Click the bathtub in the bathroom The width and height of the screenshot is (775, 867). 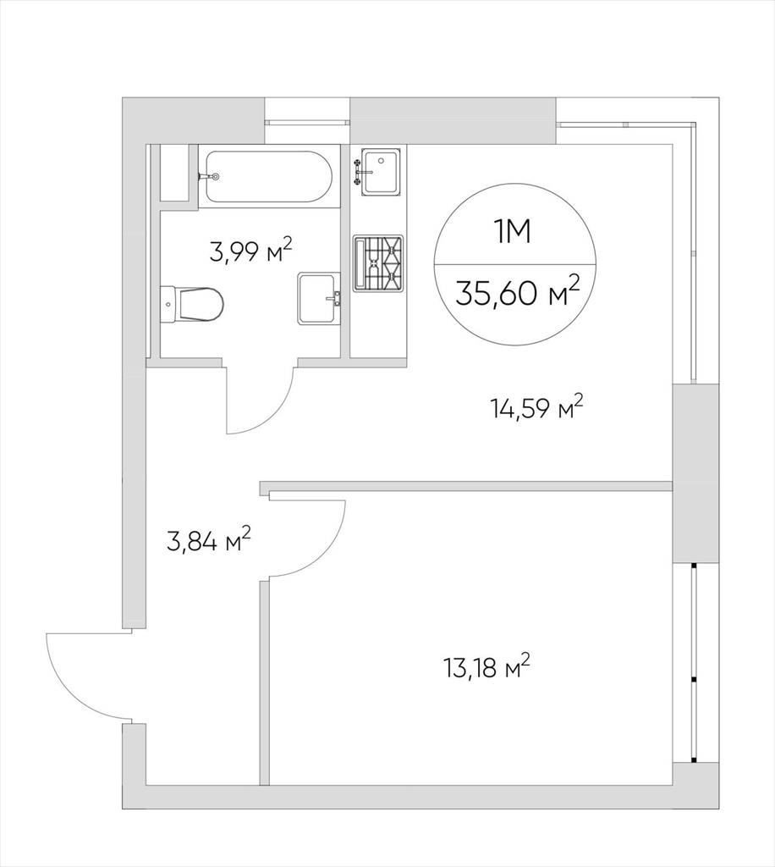(x=268, y=176)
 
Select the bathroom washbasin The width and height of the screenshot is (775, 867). (x=319, y=298)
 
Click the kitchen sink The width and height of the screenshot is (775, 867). (x=379, y=172)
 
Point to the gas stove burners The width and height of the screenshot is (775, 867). (x=378, y=263)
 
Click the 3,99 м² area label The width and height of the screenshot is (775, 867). (x=250, y=251)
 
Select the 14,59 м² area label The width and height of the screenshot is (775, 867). (x=536, y=408)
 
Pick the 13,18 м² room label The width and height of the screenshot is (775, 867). (x=486, y=667)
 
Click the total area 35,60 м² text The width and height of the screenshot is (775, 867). (x=517, y=291)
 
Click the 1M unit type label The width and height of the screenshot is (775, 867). (x=512, y=232)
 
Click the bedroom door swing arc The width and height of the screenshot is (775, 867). (x=326, y=553)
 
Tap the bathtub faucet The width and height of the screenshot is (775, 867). (x=208, y=176)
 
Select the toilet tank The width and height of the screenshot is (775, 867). (x=168, y=304)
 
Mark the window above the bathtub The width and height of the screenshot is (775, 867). (x=307, y=122)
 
